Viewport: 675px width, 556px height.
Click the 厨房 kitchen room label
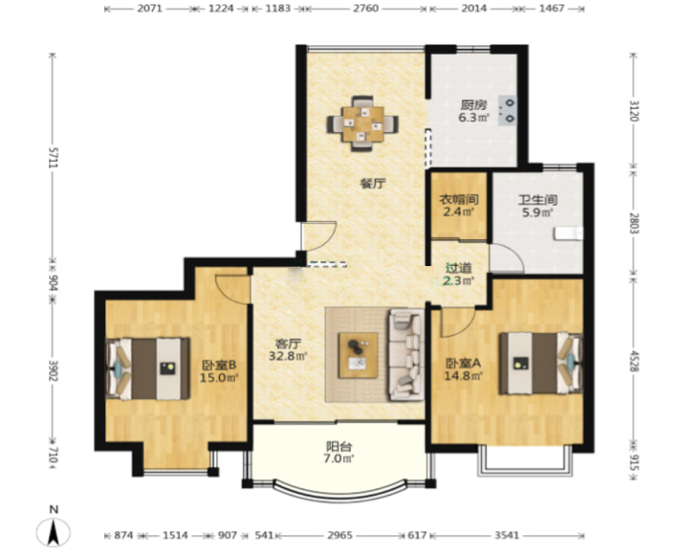point(473,104)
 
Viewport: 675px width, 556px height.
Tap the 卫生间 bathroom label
point(537,200)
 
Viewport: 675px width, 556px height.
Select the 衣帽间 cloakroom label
point(459,200)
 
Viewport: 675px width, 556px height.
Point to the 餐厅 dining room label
point(373,184)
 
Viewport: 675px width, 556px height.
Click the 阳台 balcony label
point(338,446)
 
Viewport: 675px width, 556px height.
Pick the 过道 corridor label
point(459,268)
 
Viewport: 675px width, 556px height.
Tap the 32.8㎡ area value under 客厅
point(288,356)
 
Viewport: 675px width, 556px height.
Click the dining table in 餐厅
point(362,123)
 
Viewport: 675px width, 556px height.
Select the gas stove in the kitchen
point(508,110)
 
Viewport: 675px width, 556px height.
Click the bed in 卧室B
point(148,369)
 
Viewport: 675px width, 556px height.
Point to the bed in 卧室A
point(541,364)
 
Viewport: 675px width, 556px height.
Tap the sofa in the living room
point(406,355)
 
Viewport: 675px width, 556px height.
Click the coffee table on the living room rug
point(359,355)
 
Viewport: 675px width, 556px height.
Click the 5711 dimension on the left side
point(53,158)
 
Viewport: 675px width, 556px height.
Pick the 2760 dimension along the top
point(366,9)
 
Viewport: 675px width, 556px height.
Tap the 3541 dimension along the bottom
point(507,535)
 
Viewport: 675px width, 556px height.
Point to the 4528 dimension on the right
point(634,361)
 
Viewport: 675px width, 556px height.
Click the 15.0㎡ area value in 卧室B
point(219,378)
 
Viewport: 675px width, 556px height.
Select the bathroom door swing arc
point(512,255)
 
